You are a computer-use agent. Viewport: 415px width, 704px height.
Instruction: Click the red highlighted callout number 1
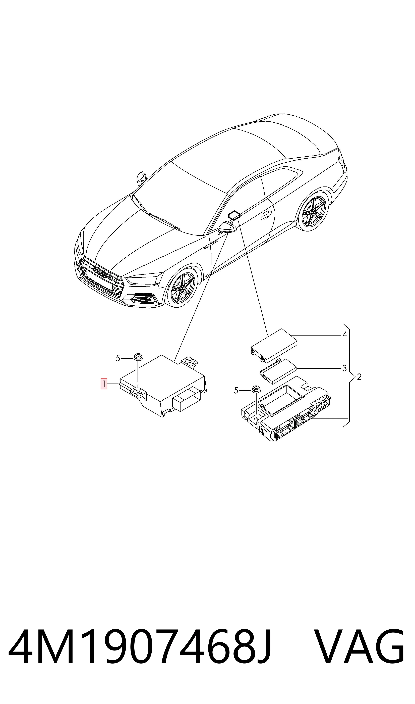point(104,384)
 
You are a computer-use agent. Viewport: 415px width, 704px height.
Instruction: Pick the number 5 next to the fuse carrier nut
point(236,391)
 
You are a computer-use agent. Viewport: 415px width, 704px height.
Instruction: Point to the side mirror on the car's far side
point(142,178)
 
